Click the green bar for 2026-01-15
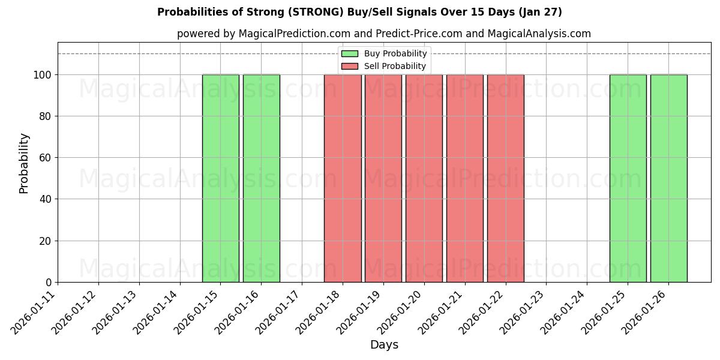point(221,178)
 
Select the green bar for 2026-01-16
point(262,178)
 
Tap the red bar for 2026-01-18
point(343,178)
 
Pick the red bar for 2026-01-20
point(424,178)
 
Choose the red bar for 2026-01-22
point(506,178)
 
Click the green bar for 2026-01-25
point(628,178)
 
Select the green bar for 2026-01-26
point(668,178)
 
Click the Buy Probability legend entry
point(384,53)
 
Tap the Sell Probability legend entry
point(384,66)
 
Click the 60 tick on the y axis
point(47,158)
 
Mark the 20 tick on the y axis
point(47,241)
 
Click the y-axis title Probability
point(24,163)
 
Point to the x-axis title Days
point(384,345)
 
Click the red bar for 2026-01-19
point(383,178)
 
